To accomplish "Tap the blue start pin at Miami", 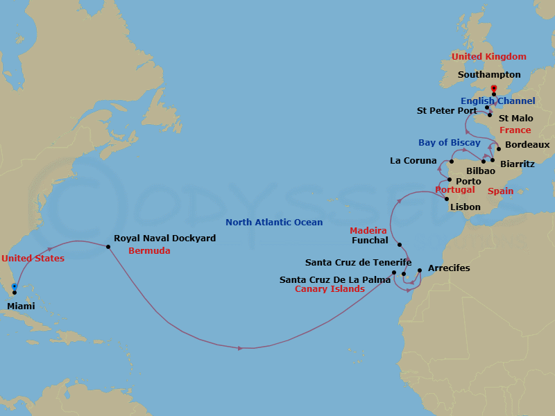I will (15, 288).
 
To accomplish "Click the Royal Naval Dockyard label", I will (164, 238).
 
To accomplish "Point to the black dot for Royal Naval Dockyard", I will (109, 245).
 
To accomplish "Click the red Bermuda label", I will (149, 250).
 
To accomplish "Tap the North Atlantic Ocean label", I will (274, 223).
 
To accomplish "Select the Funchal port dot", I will (400, 245).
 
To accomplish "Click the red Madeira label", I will (368, 229).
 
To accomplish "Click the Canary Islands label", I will (330, 289).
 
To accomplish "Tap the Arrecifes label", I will (449, 268).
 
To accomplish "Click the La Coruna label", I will (413, 161).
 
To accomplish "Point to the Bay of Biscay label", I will (449, 143).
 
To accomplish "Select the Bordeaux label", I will (527, 145).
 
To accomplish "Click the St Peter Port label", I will (447, 110).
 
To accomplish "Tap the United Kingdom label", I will (488, 57).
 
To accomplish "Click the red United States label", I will (33, 259).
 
